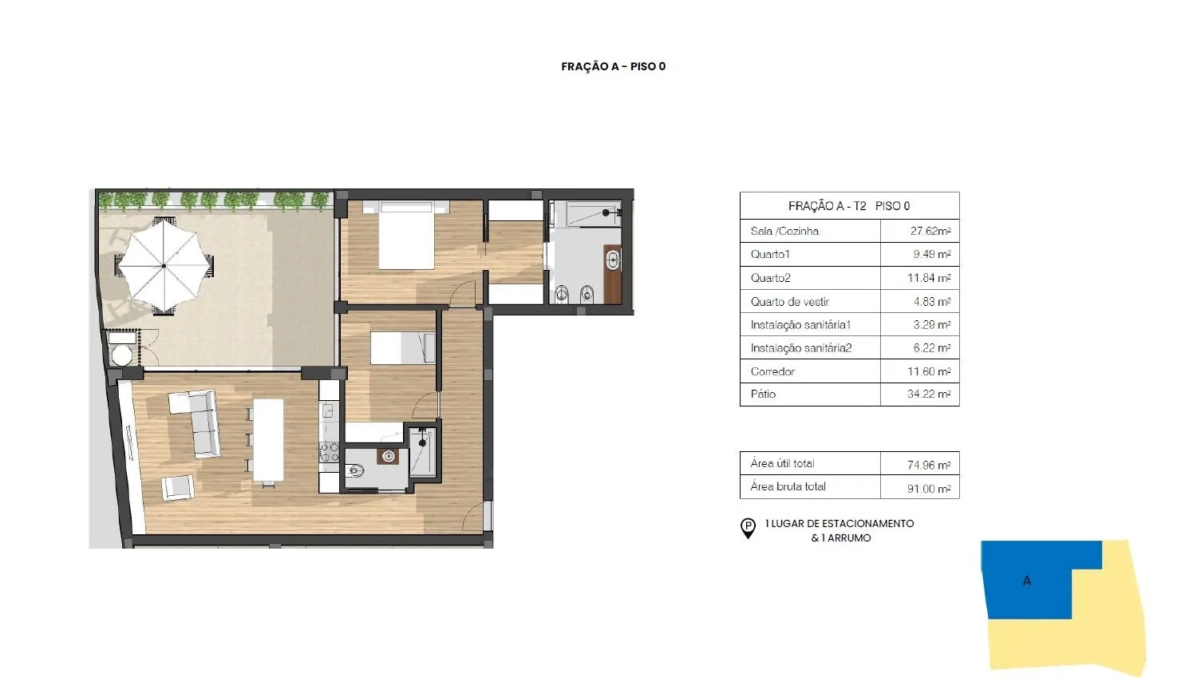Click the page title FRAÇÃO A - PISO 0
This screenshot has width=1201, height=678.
613,66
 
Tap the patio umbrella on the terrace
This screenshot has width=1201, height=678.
164,265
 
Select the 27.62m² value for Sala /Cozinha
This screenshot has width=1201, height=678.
930,231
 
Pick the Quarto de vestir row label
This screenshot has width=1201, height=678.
790,302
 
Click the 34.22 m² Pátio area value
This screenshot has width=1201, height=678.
929,395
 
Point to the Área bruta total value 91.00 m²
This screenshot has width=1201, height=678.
929,489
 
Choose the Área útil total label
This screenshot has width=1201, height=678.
782,463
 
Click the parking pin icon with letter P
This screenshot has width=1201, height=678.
748,528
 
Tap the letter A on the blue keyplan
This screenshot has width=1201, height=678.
1027,581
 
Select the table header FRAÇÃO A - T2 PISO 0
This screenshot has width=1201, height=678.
849,206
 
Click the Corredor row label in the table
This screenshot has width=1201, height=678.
772,371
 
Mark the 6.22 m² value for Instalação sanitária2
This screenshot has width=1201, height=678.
932,348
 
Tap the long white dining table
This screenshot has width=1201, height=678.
268,440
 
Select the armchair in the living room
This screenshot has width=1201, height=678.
178,488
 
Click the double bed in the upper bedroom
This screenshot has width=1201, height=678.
406,235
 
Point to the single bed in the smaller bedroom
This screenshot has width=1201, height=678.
403,348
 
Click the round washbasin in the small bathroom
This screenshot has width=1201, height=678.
389,457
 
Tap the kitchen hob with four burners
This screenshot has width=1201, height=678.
330,452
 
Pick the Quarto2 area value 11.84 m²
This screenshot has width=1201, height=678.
929,278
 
